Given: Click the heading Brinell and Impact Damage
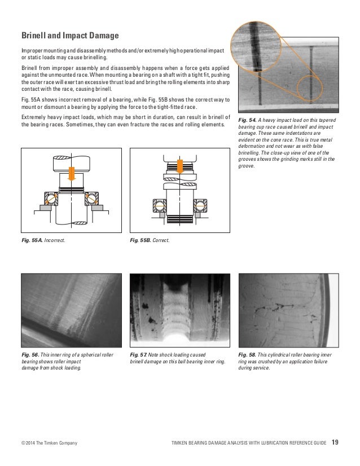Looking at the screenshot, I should [x=69, y=37].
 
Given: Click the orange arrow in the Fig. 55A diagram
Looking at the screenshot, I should [x=70, y=172].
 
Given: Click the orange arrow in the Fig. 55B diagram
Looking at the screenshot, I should [x=179, y=165].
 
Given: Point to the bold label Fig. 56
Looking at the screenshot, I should [x=30, y=354].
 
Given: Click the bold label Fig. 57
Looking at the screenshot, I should [x=139, y=354].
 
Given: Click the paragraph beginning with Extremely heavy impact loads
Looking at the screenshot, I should [x=122, y=121].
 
